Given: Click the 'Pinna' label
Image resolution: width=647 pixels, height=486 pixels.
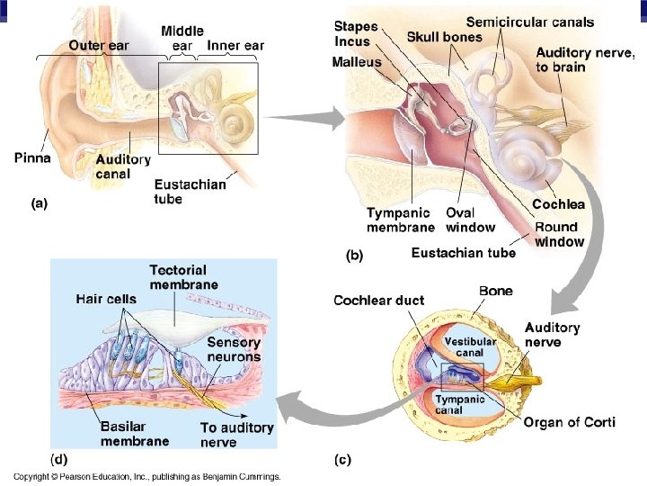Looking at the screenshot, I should [32, 158].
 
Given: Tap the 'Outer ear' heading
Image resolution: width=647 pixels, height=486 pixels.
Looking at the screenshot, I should [99, 45].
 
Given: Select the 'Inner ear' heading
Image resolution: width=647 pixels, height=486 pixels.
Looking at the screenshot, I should [235, 45].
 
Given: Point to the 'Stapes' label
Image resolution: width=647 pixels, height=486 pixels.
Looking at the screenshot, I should [356, 26].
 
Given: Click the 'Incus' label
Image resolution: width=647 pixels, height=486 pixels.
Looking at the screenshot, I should [352, 41].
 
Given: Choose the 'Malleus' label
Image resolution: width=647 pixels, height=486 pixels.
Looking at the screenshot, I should [357, 62].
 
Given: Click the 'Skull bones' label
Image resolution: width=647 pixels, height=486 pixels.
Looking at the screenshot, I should [445, 38].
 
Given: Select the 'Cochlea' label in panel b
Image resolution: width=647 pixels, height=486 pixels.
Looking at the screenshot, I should [559, 205].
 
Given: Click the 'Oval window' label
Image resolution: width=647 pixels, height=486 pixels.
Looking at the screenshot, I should [471, 220].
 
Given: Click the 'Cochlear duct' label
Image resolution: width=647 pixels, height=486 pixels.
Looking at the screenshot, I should [378, 301].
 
